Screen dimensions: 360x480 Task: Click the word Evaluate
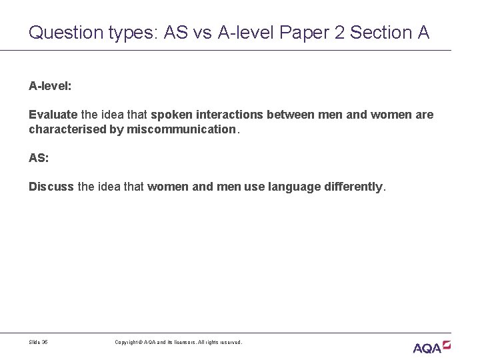pos(53,115)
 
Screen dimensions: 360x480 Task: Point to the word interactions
pos(232,115)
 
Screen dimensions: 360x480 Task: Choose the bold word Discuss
pos(51,187)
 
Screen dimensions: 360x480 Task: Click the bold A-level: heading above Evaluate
pos(50,86)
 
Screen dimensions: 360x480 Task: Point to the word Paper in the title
pos(306,31)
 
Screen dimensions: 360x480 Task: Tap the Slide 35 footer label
pos(39,342)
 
